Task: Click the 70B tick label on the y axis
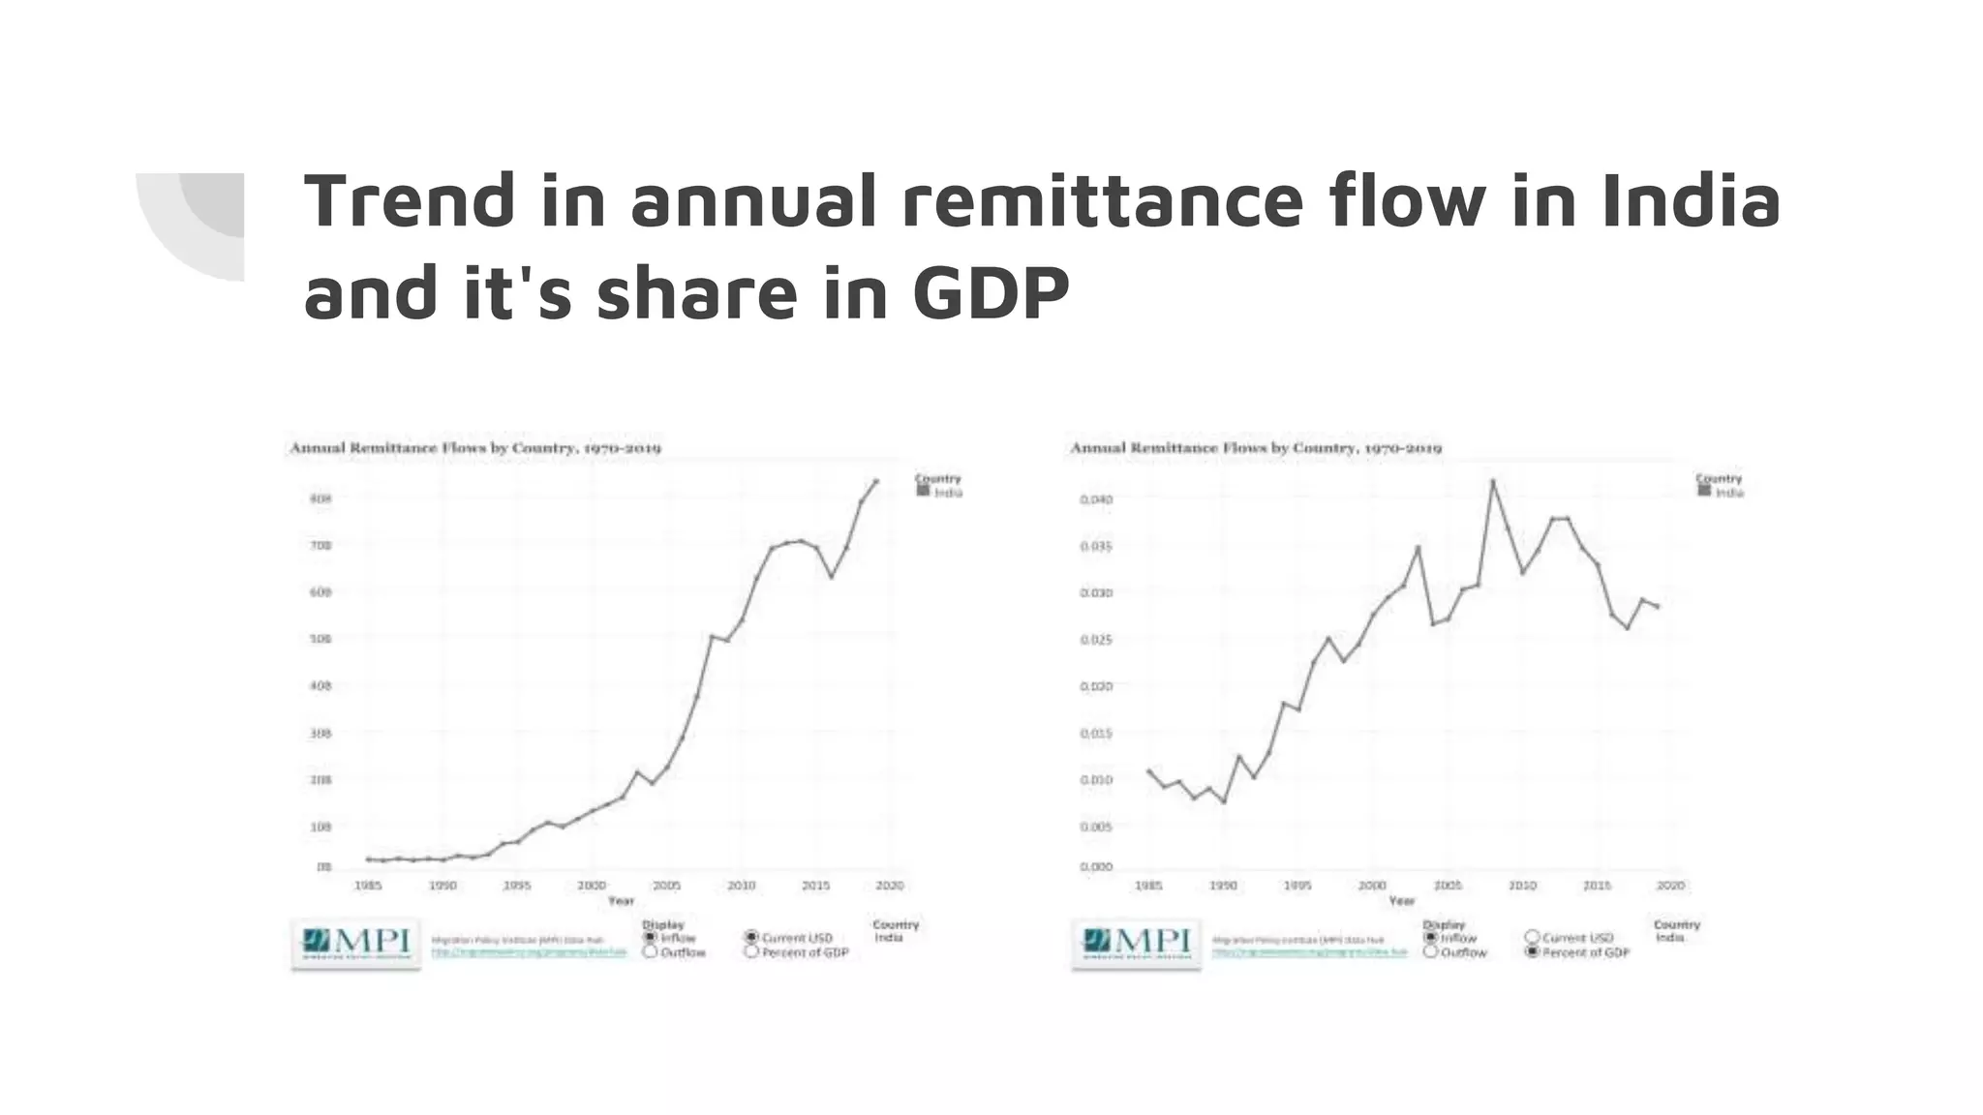tap(320, 546)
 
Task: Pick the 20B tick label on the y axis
tap(320, 780)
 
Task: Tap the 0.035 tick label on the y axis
tap(1096, 547)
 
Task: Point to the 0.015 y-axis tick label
tap(1096, 734)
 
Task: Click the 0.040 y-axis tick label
tap(1096, 499)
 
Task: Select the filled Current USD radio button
tap(751, 937)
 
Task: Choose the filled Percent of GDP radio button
tap(1532, 952)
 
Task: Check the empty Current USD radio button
tap(1532, 937)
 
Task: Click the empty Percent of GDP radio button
tap(751, 952)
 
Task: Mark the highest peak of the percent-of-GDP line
tap(1492, 481)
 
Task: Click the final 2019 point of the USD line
tap(876, 481)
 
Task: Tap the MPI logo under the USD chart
tap(356, 942)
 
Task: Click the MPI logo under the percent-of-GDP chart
tap(1137, 942)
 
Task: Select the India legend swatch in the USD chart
tap(923, 492)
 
